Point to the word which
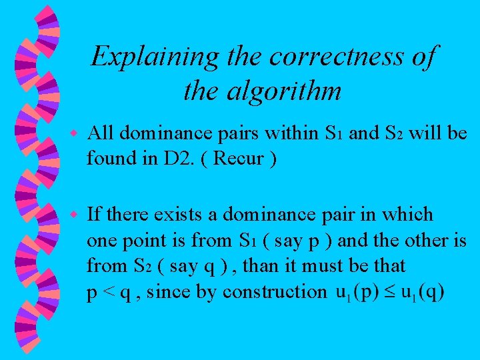[411, 215]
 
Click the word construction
[275, 291]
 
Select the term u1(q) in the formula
[422, 292]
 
